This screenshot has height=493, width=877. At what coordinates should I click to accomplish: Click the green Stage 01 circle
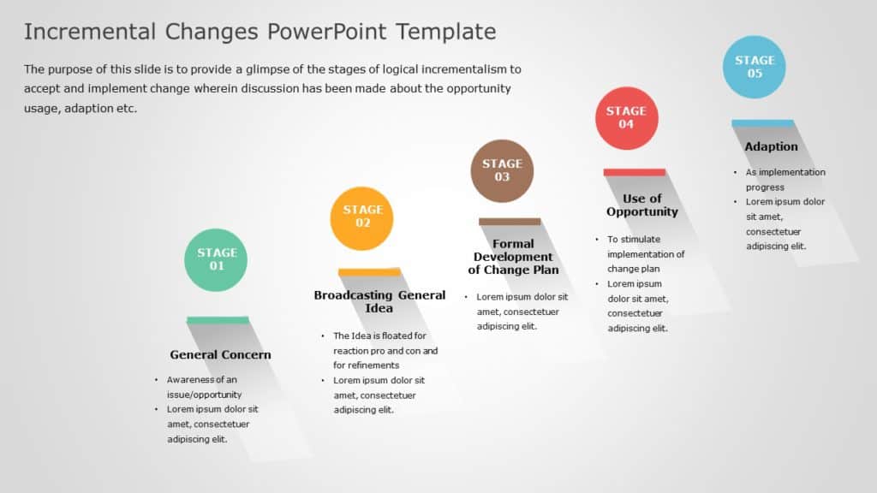coord(217,259)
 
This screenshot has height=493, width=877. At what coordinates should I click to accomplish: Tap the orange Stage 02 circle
coord(362,218)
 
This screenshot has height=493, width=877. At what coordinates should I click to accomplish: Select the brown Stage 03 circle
coord(502,170)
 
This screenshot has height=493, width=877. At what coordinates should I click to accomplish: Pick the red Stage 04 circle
coord(626,118)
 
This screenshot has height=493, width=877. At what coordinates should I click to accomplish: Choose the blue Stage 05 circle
coord(755,67)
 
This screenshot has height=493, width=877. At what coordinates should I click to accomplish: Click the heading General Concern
coord(220,354)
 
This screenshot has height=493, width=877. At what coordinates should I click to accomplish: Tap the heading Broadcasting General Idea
coord(379,301)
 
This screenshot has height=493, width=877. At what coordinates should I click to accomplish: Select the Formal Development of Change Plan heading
coord(513,257)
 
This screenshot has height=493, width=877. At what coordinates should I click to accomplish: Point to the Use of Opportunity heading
coord(641,205)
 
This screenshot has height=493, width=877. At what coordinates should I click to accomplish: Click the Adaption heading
coord(771,146)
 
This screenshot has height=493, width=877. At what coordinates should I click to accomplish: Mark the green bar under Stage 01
coord(218,320)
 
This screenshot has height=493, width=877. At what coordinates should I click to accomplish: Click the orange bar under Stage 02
coord(369,272)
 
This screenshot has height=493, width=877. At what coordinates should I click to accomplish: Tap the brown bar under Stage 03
coord(510,222)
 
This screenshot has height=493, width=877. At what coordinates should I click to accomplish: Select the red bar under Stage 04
coord(635,172)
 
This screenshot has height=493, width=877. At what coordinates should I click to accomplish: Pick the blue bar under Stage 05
coord(762,123)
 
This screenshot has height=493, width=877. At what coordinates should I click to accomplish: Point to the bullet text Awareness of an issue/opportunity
coord(204,387)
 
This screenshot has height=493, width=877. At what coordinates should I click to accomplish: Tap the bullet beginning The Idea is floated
coord(385,343)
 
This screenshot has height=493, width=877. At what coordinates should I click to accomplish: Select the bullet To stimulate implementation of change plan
coord(646,254)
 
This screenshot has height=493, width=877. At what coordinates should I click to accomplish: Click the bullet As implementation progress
coord(784,180)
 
